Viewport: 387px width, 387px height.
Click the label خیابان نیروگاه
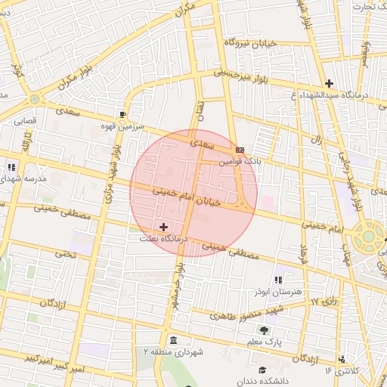click(250, 42)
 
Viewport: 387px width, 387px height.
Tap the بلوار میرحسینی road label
click(242, 76)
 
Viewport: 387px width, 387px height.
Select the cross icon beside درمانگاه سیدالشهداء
click(329, 83)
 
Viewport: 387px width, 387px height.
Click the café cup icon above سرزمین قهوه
click(123, 113)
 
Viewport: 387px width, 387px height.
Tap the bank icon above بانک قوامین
click(240, 150)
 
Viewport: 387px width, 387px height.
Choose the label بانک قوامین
click(239, 161)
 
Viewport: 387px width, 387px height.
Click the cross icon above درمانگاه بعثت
click(163, 227)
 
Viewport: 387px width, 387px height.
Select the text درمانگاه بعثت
click(161, 237)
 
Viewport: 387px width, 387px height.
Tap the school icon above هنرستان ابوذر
click(280, 280)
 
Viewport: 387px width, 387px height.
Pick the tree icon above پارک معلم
click(263, 330)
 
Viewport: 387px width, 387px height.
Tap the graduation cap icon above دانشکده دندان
click(262, 370)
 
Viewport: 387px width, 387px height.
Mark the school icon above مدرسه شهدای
click(11, 167)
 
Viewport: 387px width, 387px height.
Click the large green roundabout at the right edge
click(368, 236)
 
